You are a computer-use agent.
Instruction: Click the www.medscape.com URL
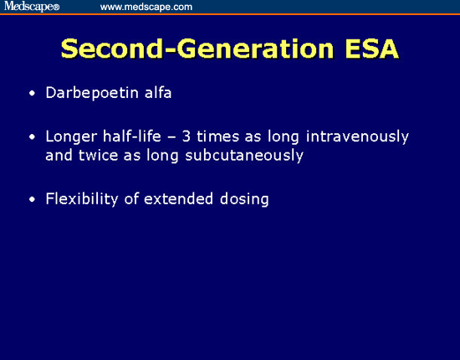click(x=146, y=7)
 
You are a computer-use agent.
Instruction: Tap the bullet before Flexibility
click(x=32, y=200)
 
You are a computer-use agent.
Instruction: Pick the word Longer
click(x=70, y=136)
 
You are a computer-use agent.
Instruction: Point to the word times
click(x=224, y=136)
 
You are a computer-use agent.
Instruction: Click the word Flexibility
click(x=83, y=199)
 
